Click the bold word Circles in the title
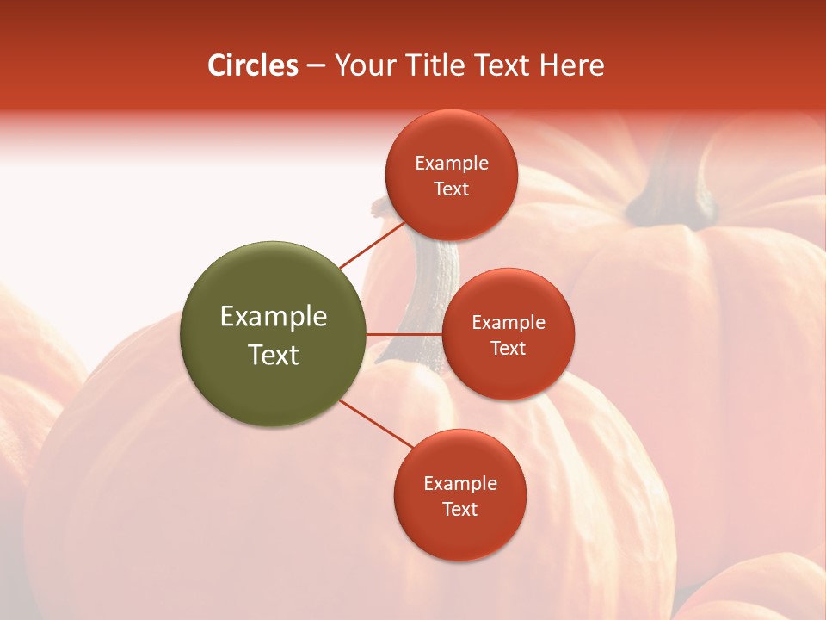tap(253, 65)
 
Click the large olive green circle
tap(273, 334)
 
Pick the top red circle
tap(451, 175)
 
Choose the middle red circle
tap(508, 334)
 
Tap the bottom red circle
tap(459, 495)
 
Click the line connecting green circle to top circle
tap(372, 245)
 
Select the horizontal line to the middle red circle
tap(404, 334)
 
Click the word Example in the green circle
tap(274, 317)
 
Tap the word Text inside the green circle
tap(274, 355)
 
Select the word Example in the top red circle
tap(452, 163)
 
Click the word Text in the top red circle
tap(451, 189)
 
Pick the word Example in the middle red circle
tap(509, 322)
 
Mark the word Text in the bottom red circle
tap(459, 509)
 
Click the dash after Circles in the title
tap(316, 66)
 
